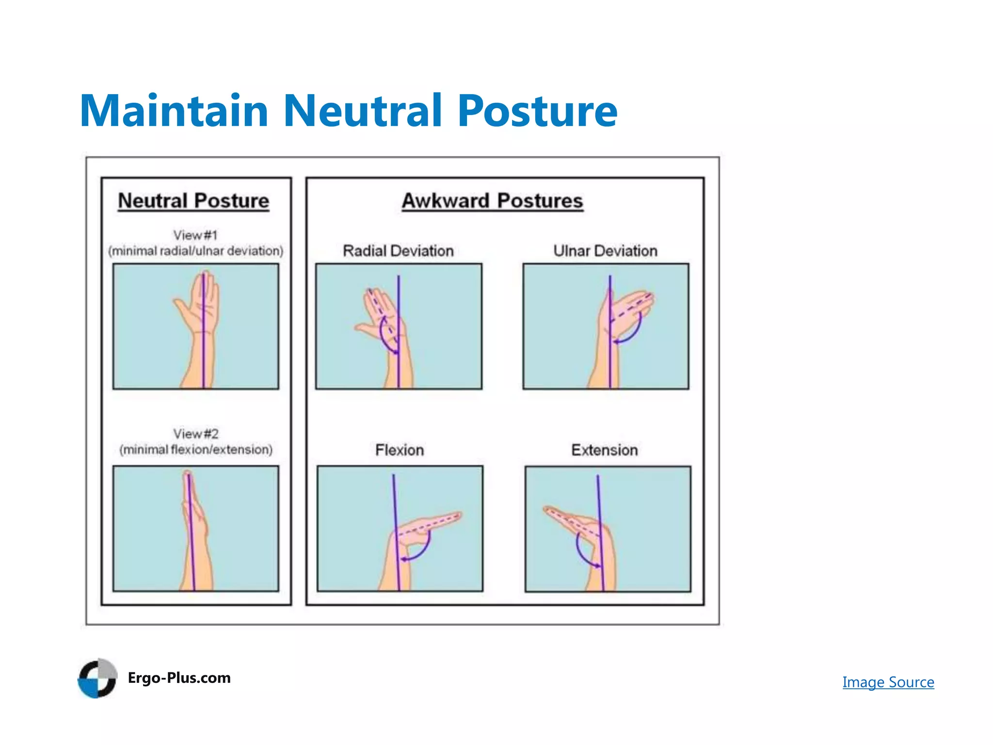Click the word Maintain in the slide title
point(174,111)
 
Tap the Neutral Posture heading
point(193,201)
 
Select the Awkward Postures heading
point(492,201)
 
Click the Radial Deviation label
point(398,251)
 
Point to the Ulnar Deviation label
point(605,251)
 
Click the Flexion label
point(400,450)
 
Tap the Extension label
point(604,450)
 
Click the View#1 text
point(195,235)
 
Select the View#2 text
point(196,434)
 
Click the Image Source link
point(888,682)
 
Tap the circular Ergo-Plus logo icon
point(97,678)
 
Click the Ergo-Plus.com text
point(179,678)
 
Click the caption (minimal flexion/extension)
point(196,450)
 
